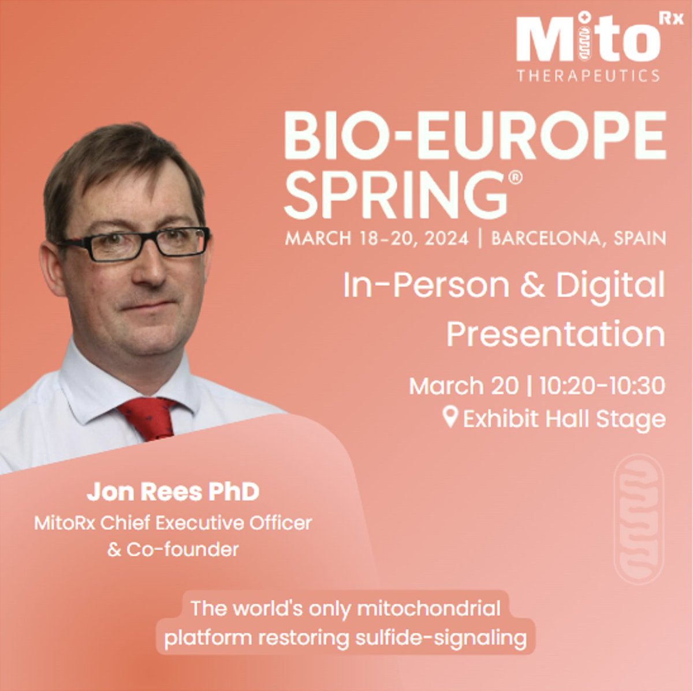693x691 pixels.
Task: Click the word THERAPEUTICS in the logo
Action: pos(588,75)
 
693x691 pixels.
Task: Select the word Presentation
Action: pos(556,335)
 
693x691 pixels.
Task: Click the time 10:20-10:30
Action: pos(602,386)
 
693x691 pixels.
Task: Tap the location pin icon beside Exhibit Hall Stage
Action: pos(450,416)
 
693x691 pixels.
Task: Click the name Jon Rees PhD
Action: pos(173,492)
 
